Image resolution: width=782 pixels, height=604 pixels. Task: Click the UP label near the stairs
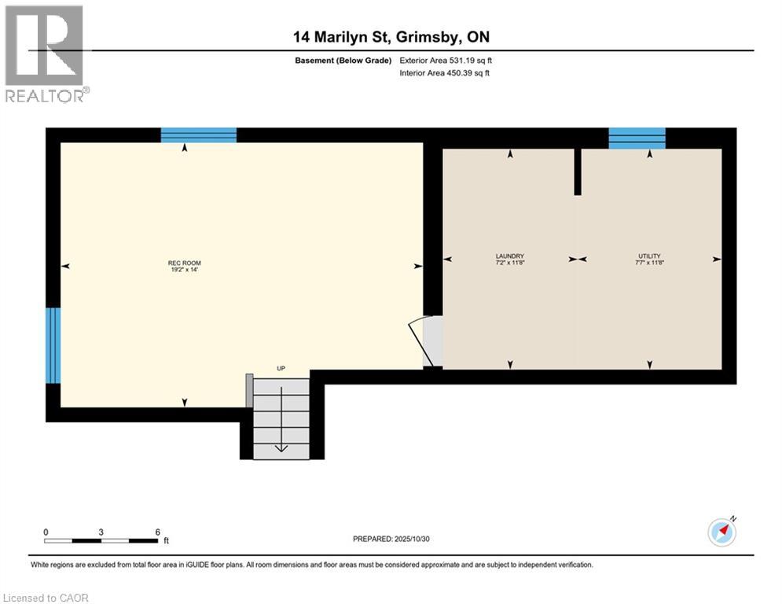(x=280, y=367)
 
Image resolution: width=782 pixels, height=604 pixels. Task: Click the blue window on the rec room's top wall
(x=199, y=135)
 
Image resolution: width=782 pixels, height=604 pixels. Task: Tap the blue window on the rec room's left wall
(x=53, y=344)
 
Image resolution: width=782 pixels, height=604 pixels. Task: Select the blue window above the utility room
(x=637, y=138)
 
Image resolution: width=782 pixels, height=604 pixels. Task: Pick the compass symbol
(x=721, y=532)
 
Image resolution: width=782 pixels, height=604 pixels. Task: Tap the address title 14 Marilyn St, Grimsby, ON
(x=391, y=37)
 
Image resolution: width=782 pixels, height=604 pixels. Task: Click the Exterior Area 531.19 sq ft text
(x=446, y=61)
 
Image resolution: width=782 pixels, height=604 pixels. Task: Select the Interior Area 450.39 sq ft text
(x=445, y=73)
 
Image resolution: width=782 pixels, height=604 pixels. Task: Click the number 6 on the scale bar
(x=158, y=532)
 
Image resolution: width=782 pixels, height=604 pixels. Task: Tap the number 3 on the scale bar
(x=101, y=532)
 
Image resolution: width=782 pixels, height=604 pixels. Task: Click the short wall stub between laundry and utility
(x=578, y=171)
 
